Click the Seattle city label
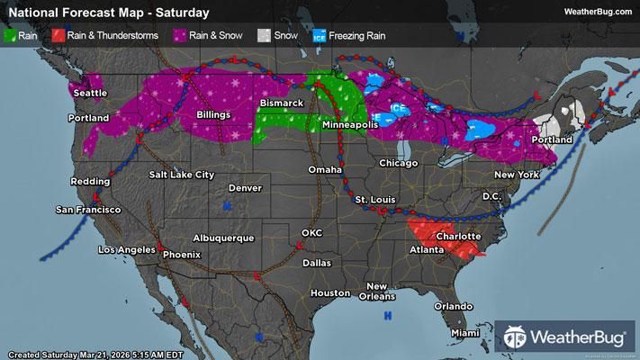point(89,93)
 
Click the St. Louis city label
point(371,198)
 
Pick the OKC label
point(311,232)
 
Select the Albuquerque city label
point(221,238)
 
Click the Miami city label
point(466,333)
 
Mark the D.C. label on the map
point(491,196)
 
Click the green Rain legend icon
point(13,37)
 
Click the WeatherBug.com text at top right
point(597,13)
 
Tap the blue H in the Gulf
point(388,316)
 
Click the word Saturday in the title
point(185,13)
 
